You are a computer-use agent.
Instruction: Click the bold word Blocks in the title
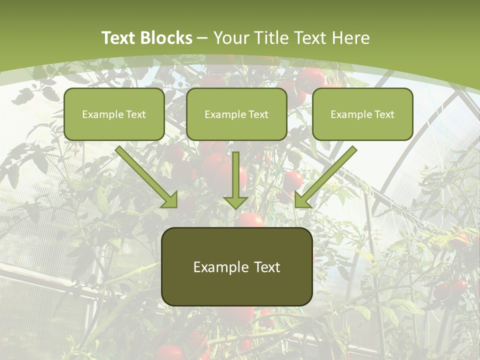point(166,38)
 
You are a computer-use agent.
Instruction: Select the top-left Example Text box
point(114,114)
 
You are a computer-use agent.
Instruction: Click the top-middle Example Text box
point(236,114)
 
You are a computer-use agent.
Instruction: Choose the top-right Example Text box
point(362,114)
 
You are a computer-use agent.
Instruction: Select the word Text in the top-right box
point(384,114)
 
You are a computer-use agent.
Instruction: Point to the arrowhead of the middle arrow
point(235,202)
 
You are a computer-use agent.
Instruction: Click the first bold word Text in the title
point(119,38)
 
